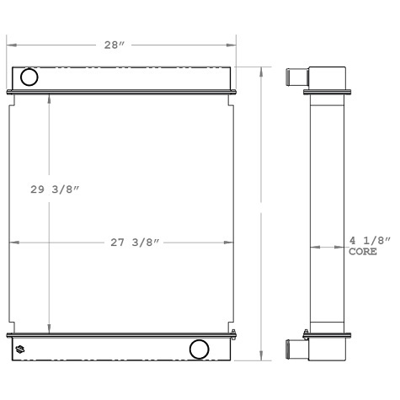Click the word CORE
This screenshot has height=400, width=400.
click(363, 252)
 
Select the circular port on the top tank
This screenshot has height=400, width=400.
click(29, 78)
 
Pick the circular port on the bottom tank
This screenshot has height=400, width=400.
click(200, 349)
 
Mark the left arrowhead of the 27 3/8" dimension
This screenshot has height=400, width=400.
click(13, 243)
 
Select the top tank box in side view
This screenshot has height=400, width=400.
click(327, 77)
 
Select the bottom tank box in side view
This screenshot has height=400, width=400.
click(327, 346)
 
